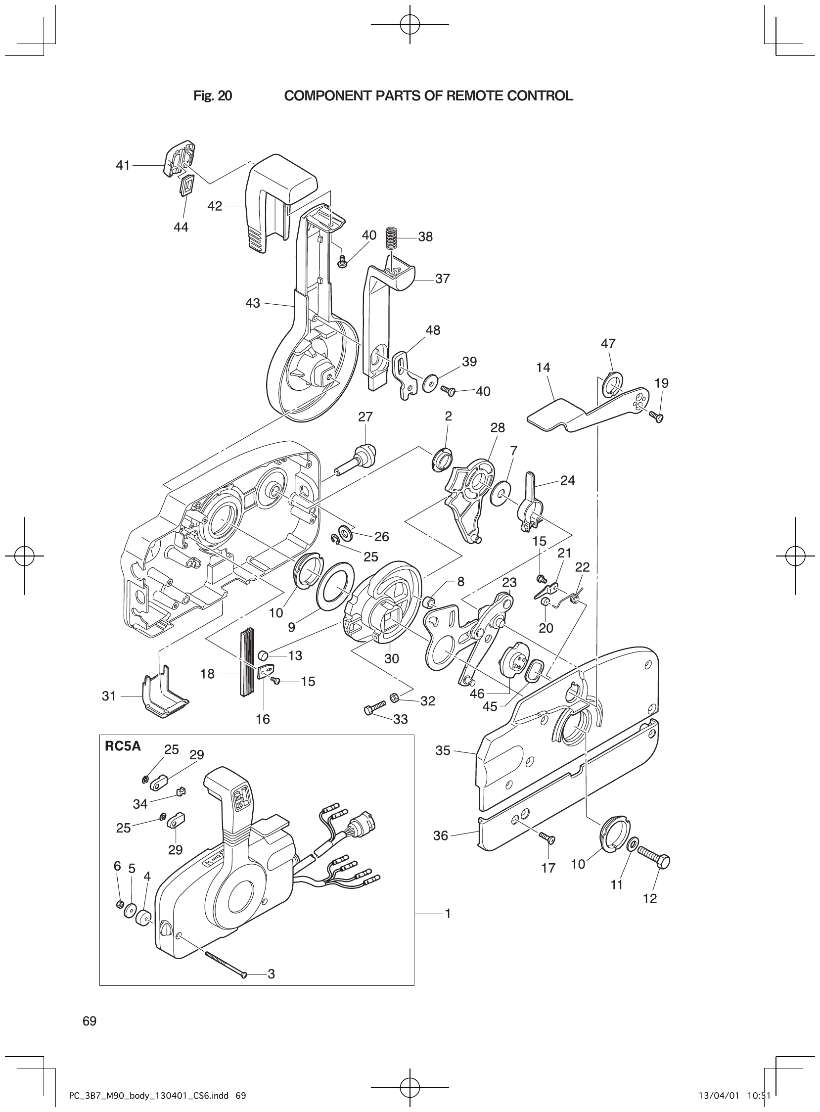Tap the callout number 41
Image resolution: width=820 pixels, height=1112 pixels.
(123, 165)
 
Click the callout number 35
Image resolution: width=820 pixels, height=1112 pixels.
(443, 750)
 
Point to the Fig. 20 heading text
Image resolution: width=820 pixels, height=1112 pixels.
(213, 96)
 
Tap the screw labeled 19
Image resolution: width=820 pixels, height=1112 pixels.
(656, 417)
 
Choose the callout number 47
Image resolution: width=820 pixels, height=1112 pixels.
(608, 343)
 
